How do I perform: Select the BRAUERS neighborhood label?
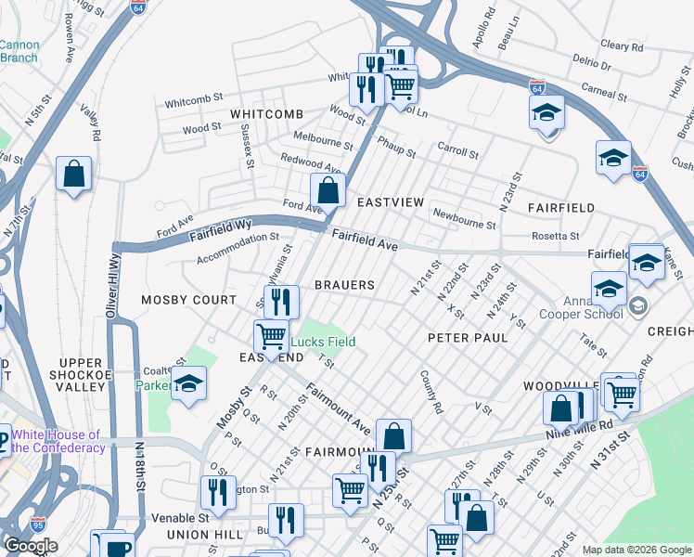344,285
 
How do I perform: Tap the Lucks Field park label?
326,342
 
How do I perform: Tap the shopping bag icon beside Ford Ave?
328,191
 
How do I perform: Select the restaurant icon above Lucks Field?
281,302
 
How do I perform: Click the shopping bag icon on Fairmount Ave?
393,435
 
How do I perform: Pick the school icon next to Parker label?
188,384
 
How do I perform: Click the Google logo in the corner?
30,546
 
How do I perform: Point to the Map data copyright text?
636,550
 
